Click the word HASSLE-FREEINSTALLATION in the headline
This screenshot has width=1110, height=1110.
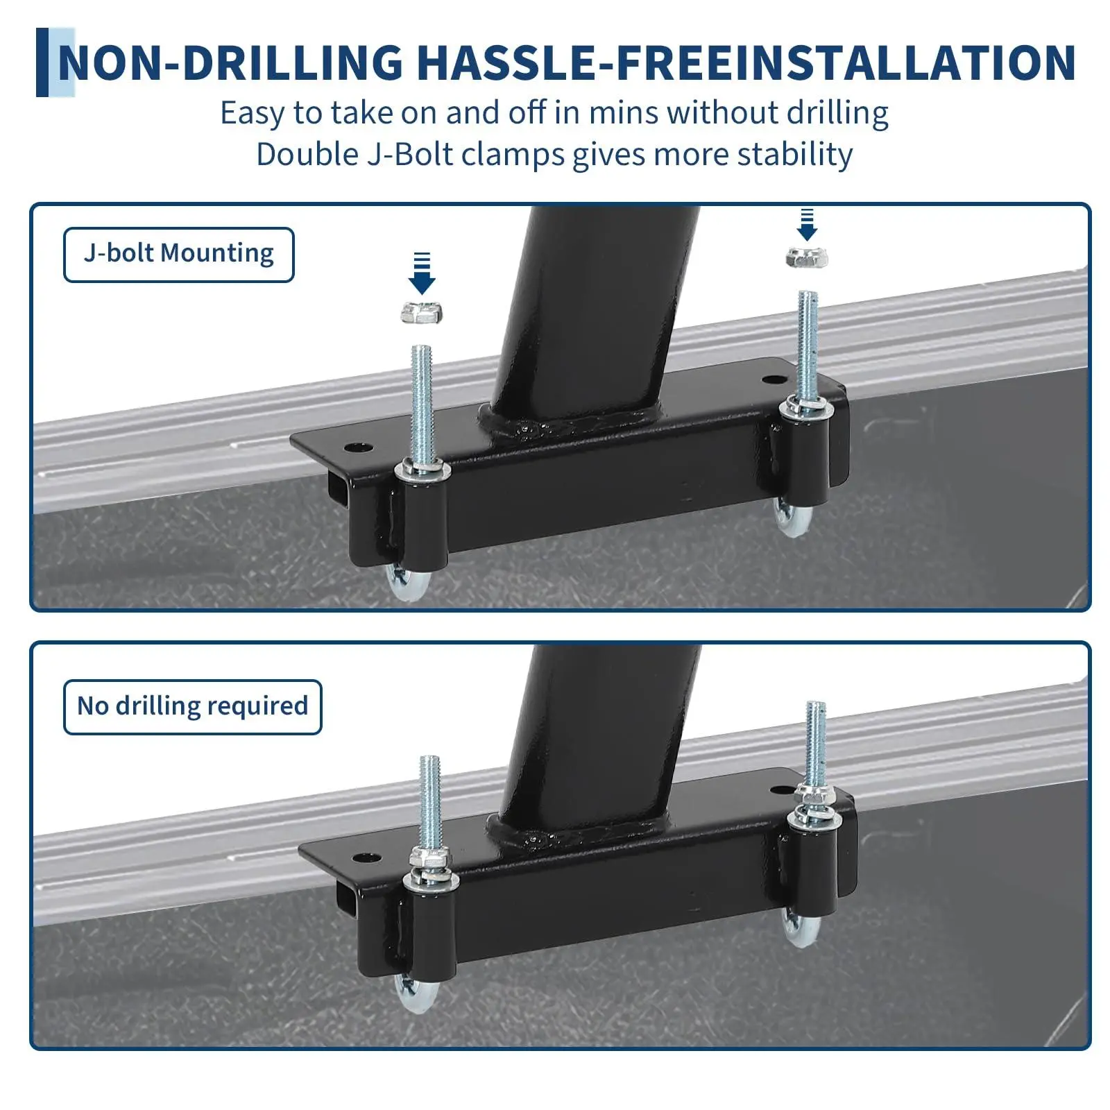[746, 62]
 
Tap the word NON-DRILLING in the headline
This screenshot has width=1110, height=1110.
[230, 62]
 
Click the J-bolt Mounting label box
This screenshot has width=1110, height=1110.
[179, 255]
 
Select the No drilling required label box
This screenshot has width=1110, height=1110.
[193, 707]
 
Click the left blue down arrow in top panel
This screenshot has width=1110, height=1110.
[422, 273]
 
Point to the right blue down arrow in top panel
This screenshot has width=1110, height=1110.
[807, 224]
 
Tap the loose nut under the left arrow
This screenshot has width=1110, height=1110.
[422, 312]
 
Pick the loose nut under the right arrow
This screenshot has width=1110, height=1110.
[807, 257]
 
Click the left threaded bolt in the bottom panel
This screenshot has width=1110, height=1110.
[430, 805]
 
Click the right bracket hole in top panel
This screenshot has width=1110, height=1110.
[771, 379]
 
